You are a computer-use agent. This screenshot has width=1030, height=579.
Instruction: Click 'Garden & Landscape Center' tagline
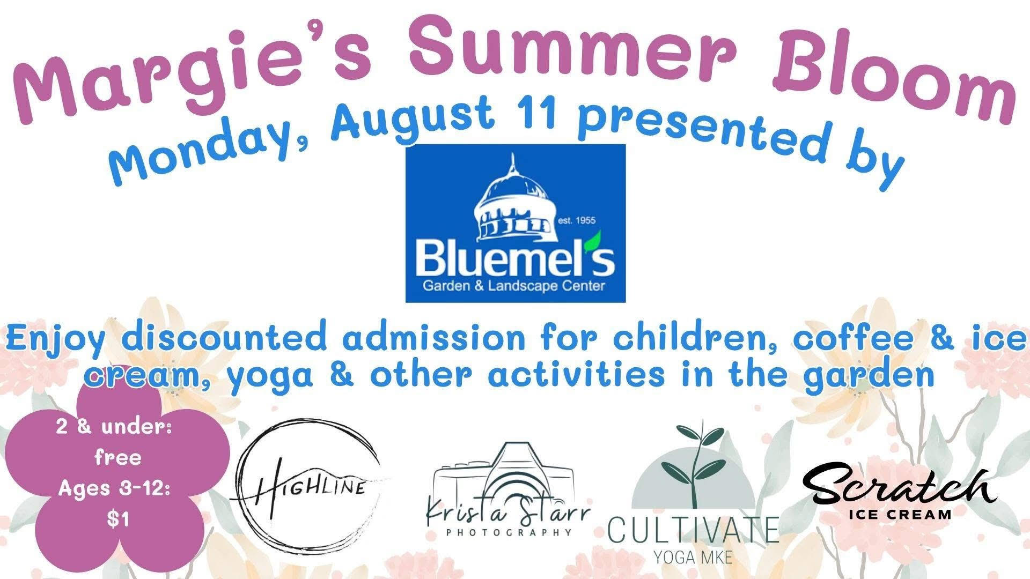514,286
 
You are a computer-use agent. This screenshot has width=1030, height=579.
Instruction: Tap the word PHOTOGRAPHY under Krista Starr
508,532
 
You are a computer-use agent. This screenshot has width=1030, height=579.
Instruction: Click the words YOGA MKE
693,557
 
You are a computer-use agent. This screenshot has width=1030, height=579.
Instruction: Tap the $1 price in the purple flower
118,519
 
